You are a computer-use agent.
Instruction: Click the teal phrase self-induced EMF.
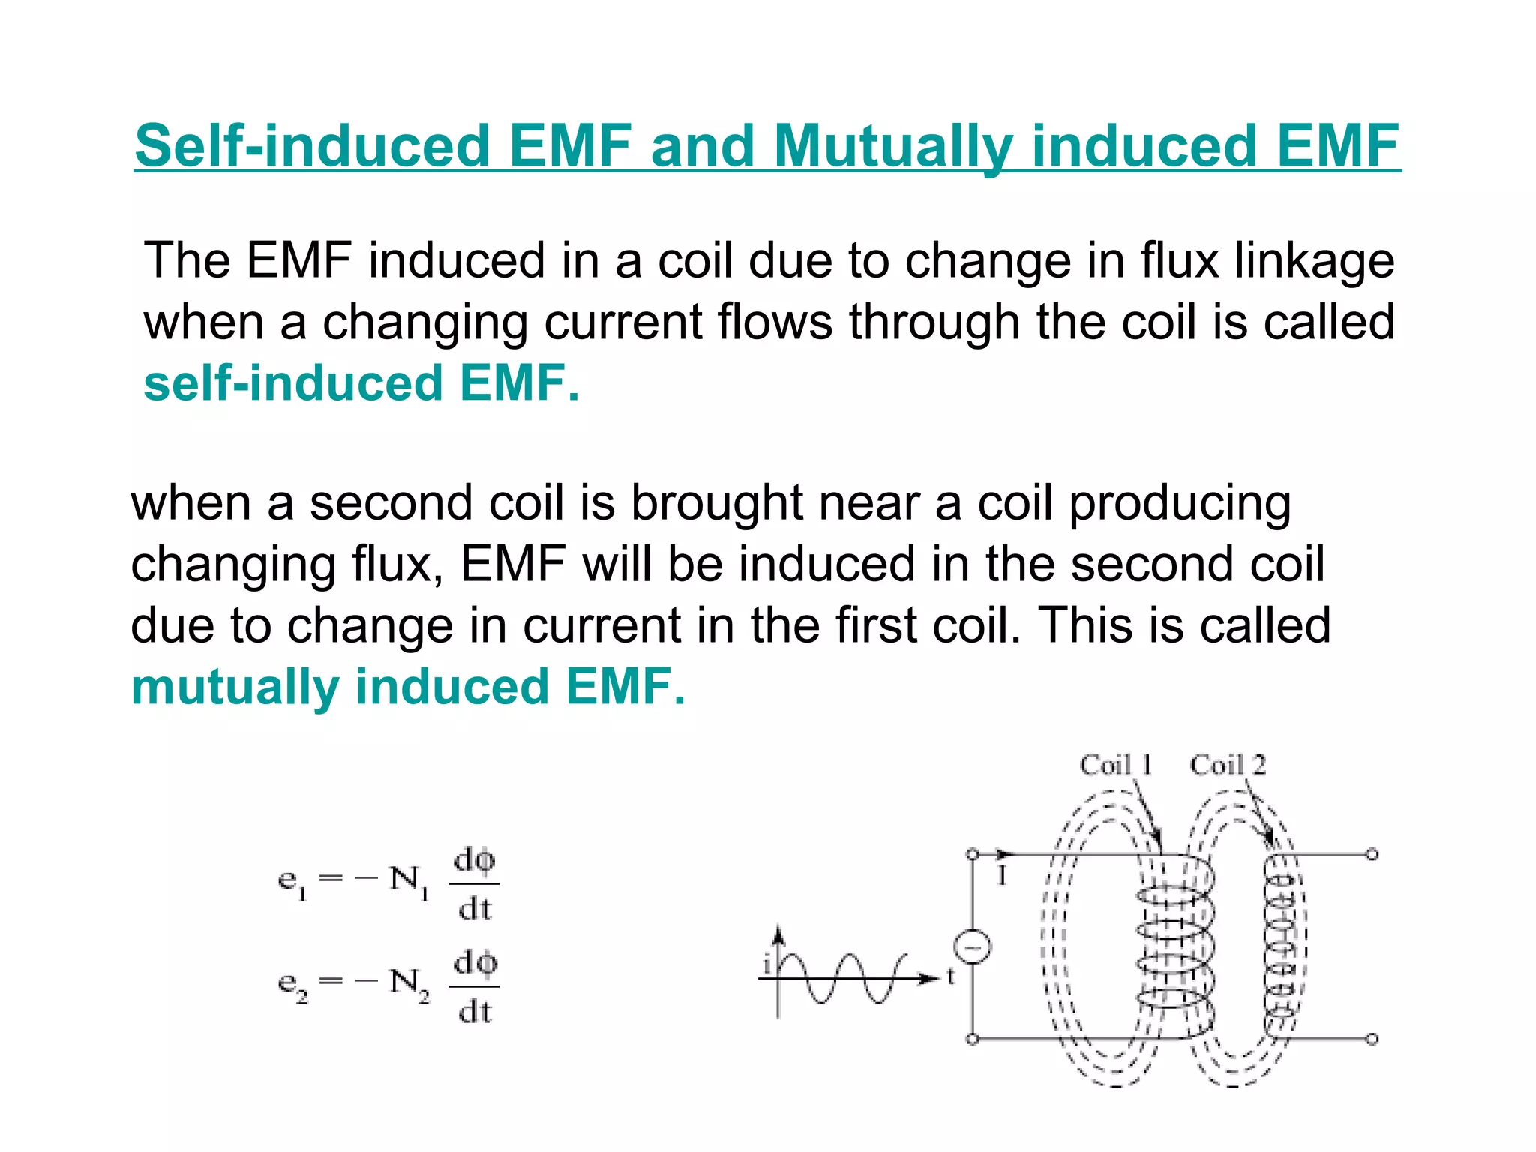361,382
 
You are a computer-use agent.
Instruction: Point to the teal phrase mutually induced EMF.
408,687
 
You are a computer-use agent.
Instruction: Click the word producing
1180,504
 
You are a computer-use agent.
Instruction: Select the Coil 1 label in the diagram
1115,765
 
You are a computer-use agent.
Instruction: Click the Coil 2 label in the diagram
1228,765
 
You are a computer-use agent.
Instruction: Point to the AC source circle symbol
973,946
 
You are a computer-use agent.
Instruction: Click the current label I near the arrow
1001,875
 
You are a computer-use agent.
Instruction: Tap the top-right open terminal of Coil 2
1372,854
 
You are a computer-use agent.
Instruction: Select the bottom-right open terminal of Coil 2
1372,1039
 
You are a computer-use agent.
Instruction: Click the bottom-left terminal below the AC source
973,1039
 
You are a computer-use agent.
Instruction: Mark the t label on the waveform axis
950,976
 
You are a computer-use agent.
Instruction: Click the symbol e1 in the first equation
292,881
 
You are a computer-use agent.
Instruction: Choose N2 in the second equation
409,983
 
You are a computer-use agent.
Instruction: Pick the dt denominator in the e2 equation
475,1012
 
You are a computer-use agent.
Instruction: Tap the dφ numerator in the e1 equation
475,861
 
